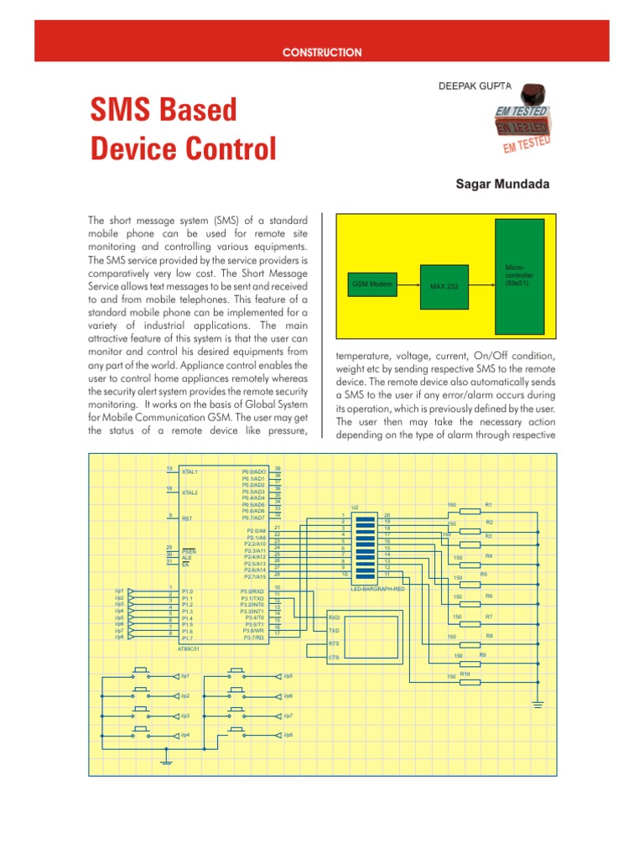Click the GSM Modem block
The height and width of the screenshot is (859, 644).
click(371, 285)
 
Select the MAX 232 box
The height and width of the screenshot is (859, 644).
click(444, 286)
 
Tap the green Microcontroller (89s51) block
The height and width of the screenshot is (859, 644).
click(518, 276)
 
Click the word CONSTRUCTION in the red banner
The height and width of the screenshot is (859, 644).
click(322, 52)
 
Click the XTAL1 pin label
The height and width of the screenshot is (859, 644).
click(190, 472)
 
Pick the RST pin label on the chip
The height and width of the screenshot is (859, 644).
click(187, 519)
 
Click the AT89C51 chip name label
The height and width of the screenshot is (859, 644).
click(189, 648)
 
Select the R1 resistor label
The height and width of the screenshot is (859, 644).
click(489, 504)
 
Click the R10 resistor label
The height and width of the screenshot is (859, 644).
click(465, 674)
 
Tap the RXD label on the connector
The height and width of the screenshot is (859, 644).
click(334, 617)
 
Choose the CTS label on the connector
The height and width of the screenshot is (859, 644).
click(334, 657)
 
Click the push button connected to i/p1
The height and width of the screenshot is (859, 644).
click(141, 673)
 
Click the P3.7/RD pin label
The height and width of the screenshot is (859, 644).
click(252, 638)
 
